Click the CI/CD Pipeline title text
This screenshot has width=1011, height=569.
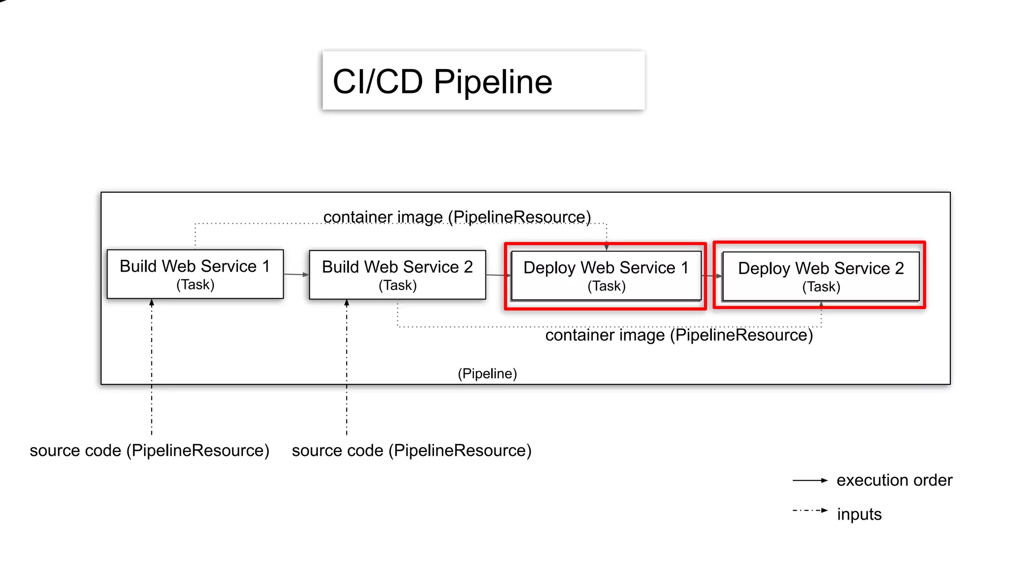pyautogui.click(x=442, y=82)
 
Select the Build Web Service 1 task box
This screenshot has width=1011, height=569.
pyautogui.click(x=195, y=274)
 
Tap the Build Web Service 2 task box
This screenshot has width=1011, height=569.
pyautogui.click(x=397, y=275)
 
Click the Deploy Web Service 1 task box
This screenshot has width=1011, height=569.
pyautogui.click(x=606, y=276)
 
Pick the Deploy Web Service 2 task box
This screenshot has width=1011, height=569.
pyautogui.click(x=820, y=277)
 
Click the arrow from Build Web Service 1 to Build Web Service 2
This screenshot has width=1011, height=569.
pyautogui.click(x=296, y=274)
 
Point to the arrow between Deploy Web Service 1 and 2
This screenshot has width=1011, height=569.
pyautogui.click(x=712, y=276)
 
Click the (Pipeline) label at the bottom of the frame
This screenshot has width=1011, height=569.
pyautogui.click(x=487, y=373)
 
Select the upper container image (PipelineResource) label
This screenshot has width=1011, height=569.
pyautogui.click(x=457, y=217)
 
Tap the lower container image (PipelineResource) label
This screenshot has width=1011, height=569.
pyautogui.click(x=679, y=335)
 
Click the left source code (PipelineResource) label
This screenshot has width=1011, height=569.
pyautogui.click(x=150, y=450)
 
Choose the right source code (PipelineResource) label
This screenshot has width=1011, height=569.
pyautogui.click(x=412, y=450)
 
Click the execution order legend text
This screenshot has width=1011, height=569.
pyautogui.click(x=894, y=480)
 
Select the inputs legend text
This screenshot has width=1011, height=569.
pyautogui.click(x=859, y=514)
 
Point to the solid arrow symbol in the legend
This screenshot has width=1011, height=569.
pyautogui.click(x=810, y=480)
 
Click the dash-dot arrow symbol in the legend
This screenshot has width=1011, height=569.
pyautogui.click(x=810, y=510)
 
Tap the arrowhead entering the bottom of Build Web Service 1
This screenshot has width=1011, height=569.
pyautogui.click(x=152, y=302)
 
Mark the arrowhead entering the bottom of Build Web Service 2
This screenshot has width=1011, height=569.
pyautogui.click(x=347, y=303)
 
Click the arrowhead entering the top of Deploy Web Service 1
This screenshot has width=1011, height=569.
pyautogui.click(x=606, y=247)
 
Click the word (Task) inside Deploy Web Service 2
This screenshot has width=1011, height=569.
pyautogui.click(x=821, y=286)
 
